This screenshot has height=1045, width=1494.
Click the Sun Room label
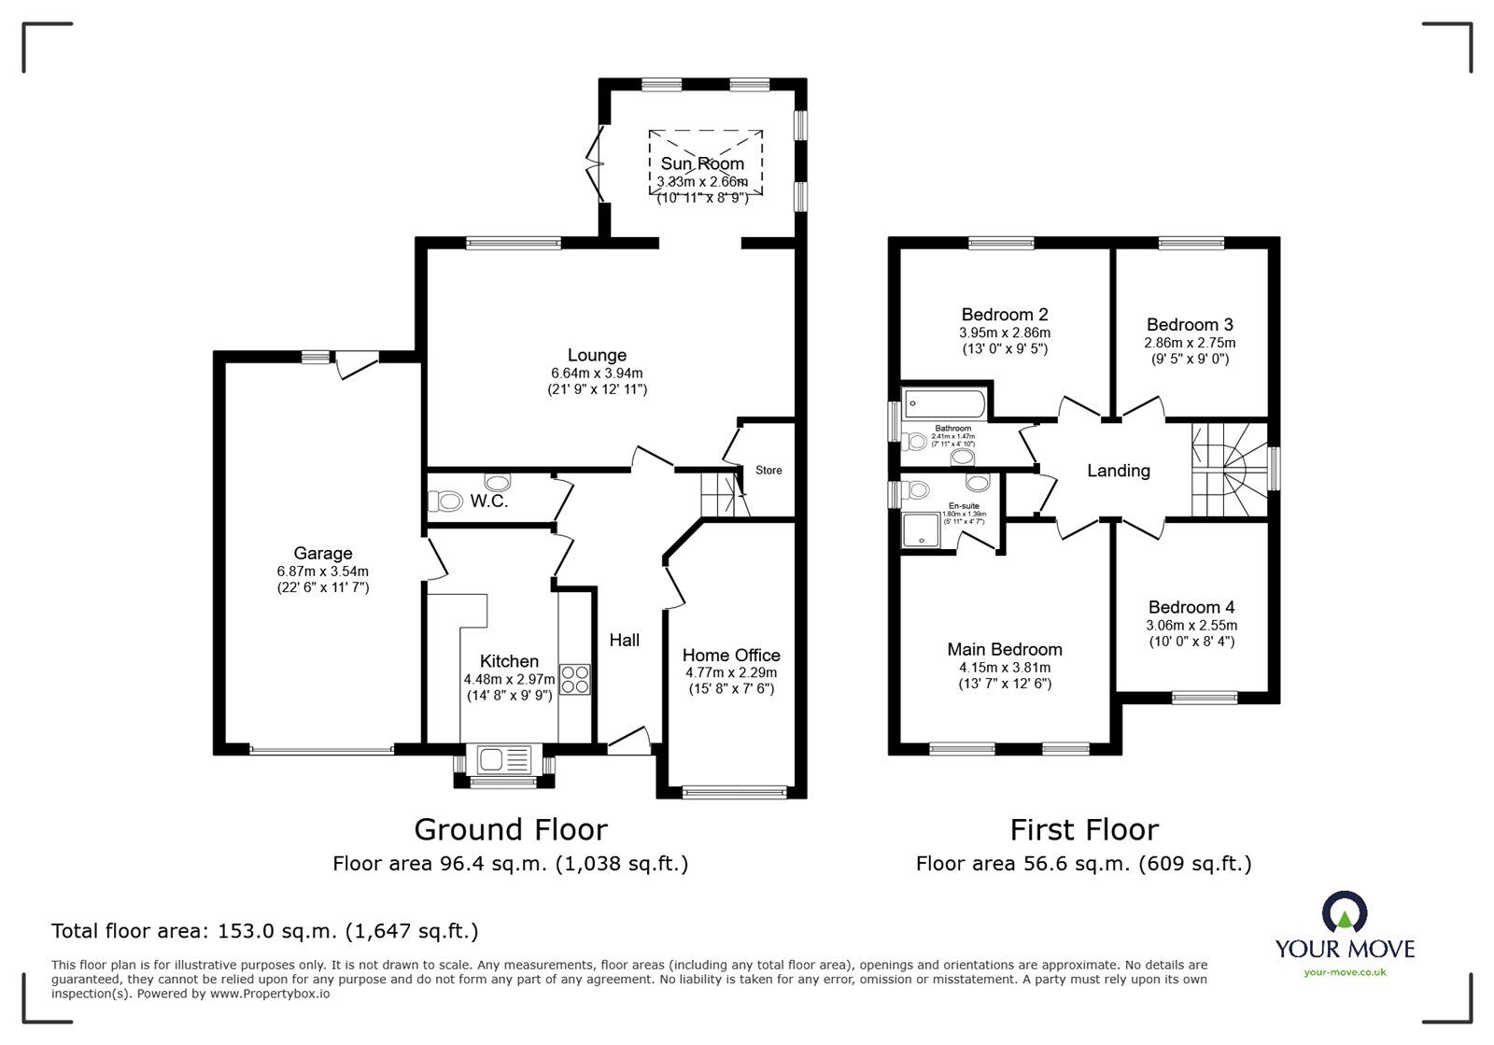702,163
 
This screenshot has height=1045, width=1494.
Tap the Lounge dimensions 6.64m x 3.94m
597,373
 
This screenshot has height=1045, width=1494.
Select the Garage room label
322,553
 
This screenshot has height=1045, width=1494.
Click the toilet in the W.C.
446,501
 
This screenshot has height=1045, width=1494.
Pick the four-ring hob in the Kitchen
575,678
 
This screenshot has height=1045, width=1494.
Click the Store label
768,470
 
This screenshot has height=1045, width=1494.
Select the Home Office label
731,655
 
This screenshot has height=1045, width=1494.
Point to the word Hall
624,640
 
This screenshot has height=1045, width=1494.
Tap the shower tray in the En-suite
923,531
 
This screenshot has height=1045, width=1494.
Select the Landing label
1118,471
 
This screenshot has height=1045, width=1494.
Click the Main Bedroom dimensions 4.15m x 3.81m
1004,667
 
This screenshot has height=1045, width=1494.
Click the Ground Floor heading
510,829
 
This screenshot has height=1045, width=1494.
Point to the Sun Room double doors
594,165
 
